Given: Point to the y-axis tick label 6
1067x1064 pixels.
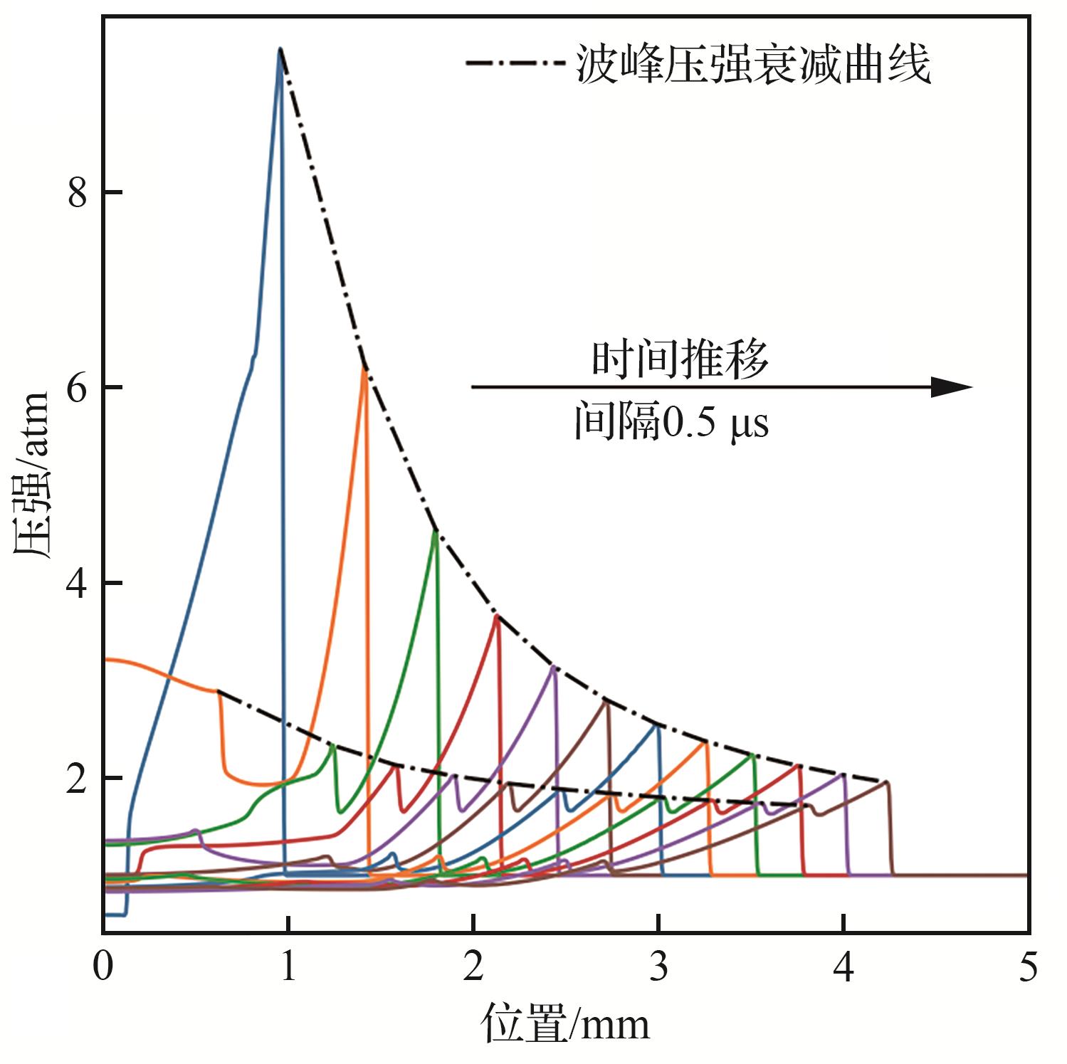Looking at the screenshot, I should pos(77,389).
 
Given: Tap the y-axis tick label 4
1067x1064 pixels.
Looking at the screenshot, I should pos(77,584).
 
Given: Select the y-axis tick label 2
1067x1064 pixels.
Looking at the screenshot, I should pos(77,779).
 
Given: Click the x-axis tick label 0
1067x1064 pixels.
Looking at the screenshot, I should pos(104,970).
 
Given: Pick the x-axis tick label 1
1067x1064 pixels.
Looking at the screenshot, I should pos(288,970).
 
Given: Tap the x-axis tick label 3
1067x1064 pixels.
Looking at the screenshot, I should pos(659,970).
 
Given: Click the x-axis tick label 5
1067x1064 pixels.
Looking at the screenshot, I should pos(1028,970).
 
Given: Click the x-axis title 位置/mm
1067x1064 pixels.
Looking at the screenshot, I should pos(566,1025).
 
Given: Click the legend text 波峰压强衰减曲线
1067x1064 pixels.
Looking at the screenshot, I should pos(753,66).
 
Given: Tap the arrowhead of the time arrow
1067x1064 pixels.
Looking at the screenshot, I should pos(952,387).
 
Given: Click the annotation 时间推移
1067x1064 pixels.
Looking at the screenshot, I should pos(681,359).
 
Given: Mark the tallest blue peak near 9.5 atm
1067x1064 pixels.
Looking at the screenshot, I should pos(280,50).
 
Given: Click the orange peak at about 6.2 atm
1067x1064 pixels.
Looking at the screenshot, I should pos(365,371).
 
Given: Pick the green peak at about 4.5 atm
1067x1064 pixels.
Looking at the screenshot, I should pos(436,532).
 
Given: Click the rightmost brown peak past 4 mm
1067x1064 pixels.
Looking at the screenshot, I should pos(886,782).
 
